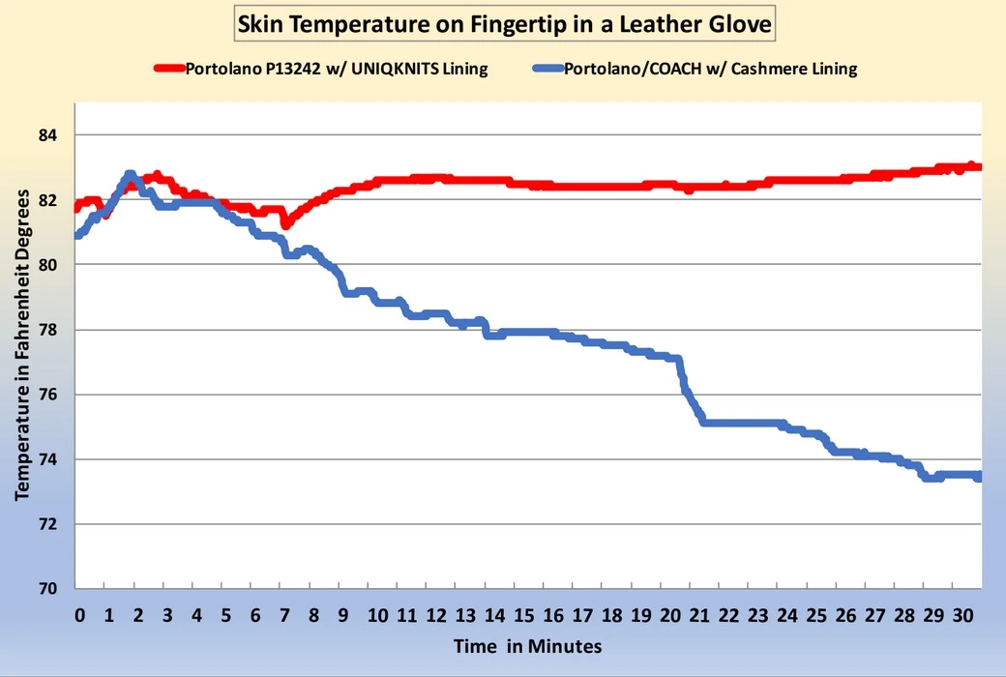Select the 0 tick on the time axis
pos(79,615)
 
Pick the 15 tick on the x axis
pos(522,615)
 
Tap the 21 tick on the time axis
pos(698,615)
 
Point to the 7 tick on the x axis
pos(284,615)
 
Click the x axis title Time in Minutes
pos(529,646)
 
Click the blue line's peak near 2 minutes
pos(130,175)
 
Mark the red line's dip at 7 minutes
pos(285,224)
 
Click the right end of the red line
pos(978,166)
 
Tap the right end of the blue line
pos(978,477)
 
